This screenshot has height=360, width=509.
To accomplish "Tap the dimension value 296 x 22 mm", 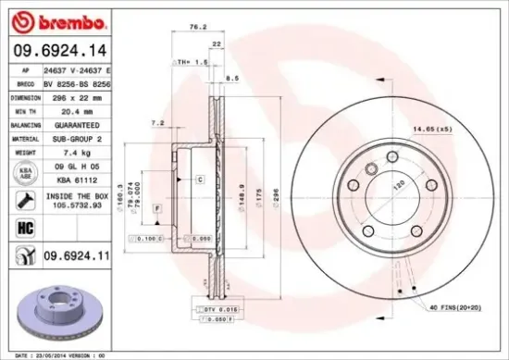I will (80, 96).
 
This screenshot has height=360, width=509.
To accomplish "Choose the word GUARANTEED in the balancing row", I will (79, 123).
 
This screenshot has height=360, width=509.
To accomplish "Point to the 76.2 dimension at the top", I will (194, 27).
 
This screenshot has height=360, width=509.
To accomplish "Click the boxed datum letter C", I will (200, 178).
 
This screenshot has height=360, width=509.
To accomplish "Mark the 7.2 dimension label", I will (156, 122).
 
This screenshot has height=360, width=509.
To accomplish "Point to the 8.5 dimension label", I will (232, 80).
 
